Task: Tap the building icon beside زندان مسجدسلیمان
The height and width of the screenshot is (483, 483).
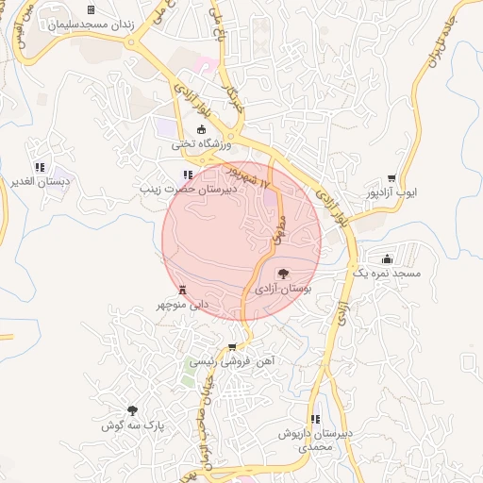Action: [x=91, y=10]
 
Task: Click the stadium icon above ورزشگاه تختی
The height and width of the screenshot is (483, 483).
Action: [x=200, y=130]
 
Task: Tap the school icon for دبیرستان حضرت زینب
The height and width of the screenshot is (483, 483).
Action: [x=188, y=175]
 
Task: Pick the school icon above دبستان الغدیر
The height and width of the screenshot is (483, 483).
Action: [x=39, y=167]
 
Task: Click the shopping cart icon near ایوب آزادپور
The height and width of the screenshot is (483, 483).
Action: [x=391, y=177]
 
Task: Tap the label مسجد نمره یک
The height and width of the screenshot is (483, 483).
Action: [x=386, y=273]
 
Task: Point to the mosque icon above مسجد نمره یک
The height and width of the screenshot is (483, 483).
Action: [x=387, y=258]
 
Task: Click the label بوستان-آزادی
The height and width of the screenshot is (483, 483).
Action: [x=284, y=287]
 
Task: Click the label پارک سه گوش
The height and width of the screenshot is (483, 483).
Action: [x=133, y=425]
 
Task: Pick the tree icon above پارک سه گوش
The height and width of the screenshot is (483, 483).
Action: [x=133, y=410]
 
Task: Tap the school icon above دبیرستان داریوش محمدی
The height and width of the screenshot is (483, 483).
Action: [x=315, y=419]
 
